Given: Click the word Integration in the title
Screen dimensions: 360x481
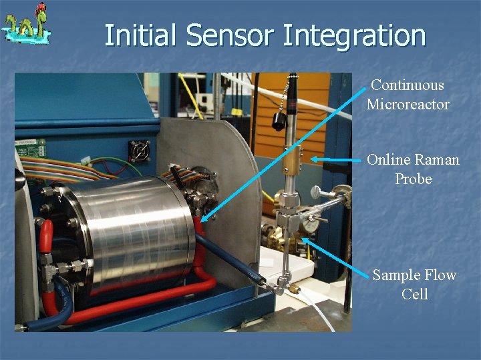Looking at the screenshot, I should coord(354,35).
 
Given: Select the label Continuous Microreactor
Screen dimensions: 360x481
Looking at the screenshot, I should coord(408,95).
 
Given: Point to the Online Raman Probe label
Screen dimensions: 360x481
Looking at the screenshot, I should coord(413,169).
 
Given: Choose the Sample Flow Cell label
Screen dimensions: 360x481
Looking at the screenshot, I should coord(414,284).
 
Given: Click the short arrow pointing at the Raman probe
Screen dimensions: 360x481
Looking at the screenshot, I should coord(337,160).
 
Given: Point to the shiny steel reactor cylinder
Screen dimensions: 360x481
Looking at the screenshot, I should coord(134,227).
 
